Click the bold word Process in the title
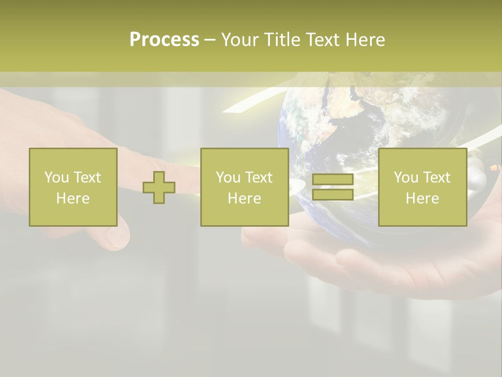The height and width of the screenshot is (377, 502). (x=164, y=40)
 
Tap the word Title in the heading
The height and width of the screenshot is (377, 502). (x=281, y=40)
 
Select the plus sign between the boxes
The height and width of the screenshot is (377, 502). (x=159, y=187)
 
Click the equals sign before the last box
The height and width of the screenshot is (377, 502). (x=333, y=187)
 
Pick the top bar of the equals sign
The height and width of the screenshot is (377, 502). (x=333, y=180)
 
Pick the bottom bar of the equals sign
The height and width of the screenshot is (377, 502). (x=333, y=194)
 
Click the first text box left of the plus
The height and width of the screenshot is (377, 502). (x=73, y=187)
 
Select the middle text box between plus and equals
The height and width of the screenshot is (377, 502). (x=244, y=187)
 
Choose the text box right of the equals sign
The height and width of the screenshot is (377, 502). (x=423, y=187)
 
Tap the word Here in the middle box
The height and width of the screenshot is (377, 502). (x=244, y=198)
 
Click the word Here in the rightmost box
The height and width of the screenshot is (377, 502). (x=423, y=198)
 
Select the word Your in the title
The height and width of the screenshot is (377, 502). (x=241, y=40)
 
